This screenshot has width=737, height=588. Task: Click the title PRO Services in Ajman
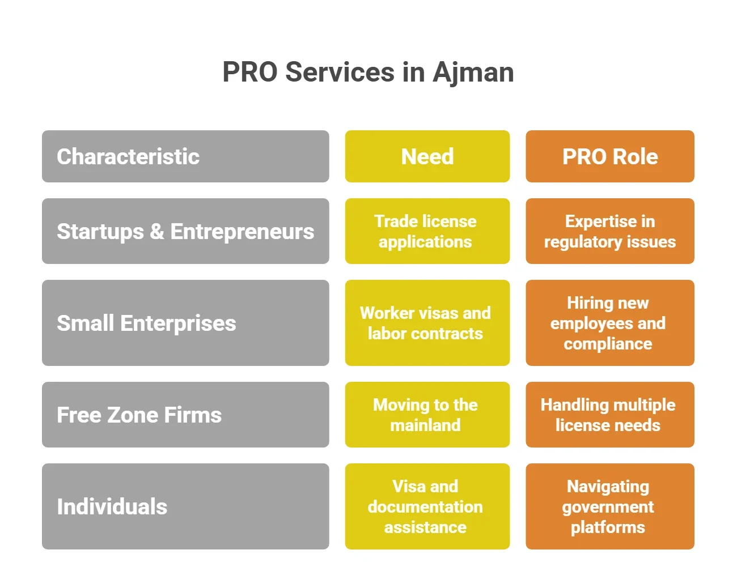click(x=368, y=73)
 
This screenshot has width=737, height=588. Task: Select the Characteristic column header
click(x=185, y=156)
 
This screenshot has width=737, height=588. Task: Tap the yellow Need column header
click(x=427, y=156)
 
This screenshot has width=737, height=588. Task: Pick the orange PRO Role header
click(x=609, y=156)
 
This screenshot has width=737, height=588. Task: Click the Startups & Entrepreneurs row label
click(x=185, y=231)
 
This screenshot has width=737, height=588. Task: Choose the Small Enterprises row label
click(x=185, y=323)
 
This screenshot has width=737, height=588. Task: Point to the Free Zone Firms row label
click(x=185, y=415)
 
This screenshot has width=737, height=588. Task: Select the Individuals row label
click(x=185, y=506)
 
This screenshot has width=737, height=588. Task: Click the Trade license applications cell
click(x=427, y=231)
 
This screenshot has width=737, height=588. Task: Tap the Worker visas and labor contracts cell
click(x=427, y=323)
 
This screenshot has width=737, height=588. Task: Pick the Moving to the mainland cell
click(x=427, y=415)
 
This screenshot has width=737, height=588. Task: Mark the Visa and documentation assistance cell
click(x=427, y=506)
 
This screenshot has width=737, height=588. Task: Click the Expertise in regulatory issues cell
click(x=609, y=231)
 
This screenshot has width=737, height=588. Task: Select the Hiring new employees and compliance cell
click(x=609, y=323)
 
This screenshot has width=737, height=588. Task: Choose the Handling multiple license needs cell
click(x=609, y=415)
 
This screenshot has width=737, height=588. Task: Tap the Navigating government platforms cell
click(x=609, y=506)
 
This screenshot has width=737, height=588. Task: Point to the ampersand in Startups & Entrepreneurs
click(x=157, y=232)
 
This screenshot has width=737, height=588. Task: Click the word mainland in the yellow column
click(x=425, y=425)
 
